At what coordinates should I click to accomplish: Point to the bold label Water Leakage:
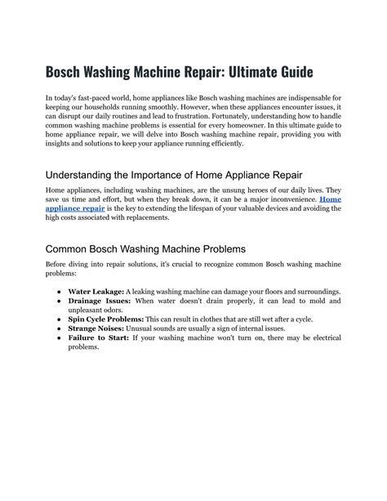pos(96,292)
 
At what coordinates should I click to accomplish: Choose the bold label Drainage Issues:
pos(98,302)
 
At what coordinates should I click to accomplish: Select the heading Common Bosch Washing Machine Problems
pos(145,248)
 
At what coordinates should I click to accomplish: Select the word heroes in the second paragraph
pos(255,190)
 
